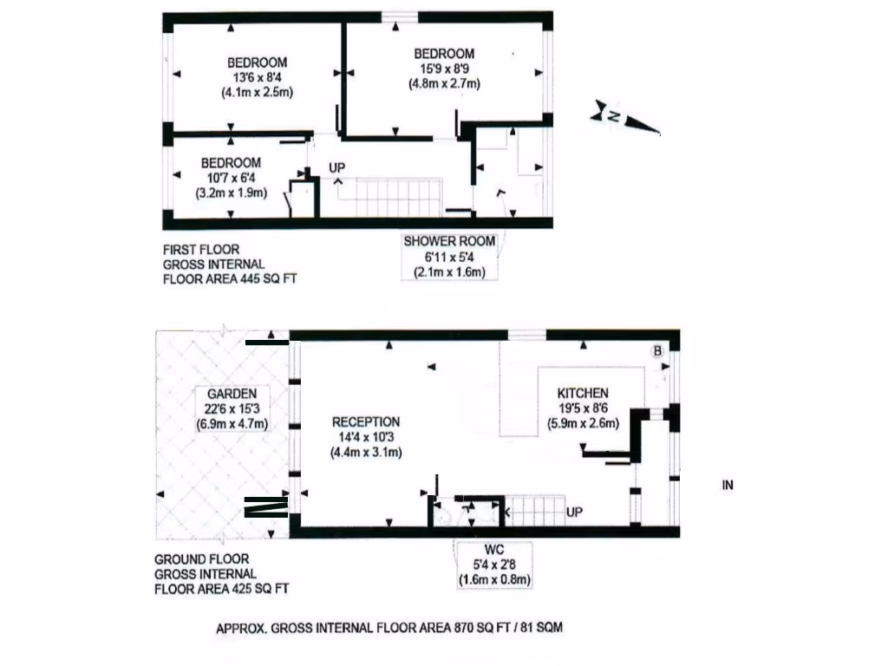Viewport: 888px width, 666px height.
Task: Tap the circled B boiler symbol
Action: (656, 351)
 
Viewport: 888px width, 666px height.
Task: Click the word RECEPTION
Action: (366, 422)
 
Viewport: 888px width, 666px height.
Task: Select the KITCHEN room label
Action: (582, 393)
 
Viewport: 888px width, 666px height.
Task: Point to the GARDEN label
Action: (232, 394)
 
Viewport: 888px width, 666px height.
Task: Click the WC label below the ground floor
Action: (493, 549)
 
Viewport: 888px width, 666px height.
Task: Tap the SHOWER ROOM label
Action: (449, 241)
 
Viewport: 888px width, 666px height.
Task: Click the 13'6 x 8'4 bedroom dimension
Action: (257, 77)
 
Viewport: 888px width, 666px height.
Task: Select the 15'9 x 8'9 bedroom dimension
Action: (444, 69)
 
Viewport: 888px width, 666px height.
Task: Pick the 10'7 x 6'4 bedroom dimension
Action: (231, 178)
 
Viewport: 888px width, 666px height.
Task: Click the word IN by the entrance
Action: (728, 486)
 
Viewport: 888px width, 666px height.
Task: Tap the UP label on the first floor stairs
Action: (336, 166)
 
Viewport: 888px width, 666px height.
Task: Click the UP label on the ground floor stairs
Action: (574, 513)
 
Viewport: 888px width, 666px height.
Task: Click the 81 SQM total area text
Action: (542, 627)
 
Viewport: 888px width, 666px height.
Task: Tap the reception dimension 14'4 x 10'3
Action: (366, 437)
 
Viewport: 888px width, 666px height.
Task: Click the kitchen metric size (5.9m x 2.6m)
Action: (582, 424)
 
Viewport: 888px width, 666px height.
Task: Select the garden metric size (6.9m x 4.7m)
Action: (232, 424)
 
